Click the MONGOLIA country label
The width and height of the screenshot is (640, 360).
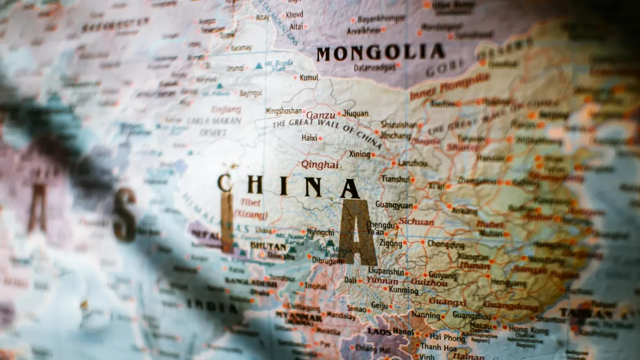pos(380,53)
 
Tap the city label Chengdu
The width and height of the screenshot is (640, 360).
pos(381,225)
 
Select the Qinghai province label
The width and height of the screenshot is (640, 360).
pos(320,165)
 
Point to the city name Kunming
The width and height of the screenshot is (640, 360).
pos(404,291)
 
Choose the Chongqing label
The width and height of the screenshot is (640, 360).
pos(445,245)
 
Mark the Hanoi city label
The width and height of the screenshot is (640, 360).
pos(403,332)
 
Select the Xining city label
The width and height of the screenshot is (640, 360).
pos(359,154)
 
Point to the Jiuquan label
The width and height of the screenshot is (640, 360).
pos(355,114)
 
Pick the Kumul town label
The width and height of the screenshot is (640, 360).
pos(309,77)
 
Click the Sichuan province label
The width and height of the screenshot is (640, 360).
pos(416,221)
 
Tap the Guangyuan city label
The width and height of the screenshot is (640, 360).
pos(394,204)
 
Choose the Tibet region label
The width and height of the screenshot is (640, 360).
pos(251,203)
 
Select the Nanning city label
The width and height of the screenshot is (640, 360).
pos(426,315)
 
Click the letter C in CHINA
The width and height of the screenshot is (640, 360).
pos(225,183)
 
